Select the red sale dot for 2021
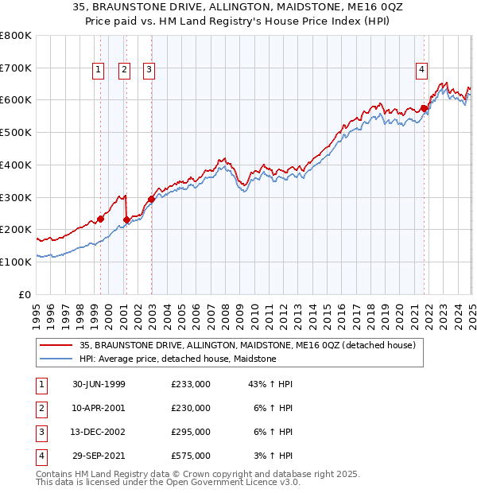point(425,108)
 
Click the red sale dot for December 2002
point(151,199)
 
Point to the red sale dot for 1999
point(101,219)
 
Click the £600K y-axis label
point(16,100)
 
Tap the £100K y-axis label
point(16,262)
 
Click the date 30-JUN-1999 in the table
point(99,384)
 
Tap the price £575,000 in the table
point(191,456)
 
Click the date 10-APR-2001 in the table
point(99,408)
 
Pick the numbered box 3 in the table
point(41,432)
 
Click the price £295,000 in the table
point(191,432)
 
